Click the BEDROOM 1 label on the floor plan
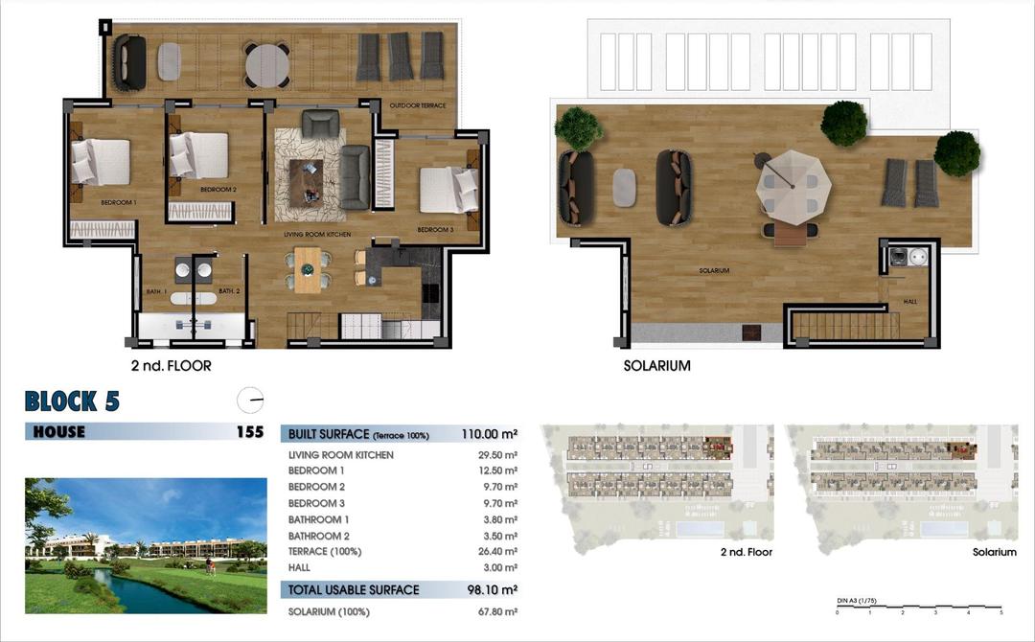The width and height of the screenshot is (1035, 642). point(119,203)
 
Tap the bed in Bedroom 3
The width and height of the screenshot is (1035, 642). point(448,190)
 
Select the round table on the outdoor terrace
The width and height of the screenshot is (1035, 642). point(267,66)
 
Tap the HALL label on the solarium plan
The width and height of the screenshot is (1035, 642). point(909,301)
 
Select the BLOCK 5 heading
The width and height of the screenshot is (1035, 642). point(72,401)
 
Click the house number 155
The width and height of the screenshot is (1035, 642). point(249,432)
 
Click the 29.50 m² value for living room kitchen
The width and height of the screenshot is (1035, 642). point(499,455)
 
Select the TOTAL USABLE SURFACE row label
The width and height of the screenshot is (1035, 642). point(354,589)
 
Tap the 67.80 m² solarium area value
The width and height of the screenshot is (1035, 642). point(499,611)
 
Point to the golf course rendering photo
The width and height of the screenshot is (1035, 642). point(146,545)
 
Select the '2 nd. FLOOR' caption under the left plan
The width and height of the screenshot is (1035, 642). point(172,366)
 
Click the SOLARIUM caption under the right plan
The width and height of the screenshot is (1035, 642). point(656,366)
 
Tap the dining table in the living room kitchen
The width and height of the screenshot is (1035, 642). point(308,270)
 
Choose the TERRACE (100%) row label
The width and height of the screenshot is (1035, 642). point(326,552)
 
